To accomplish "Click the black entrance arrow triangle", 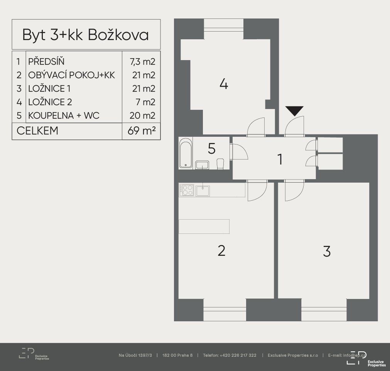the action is [x=294, y=111].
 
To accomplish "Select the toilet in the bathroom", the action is [x=220, y=164].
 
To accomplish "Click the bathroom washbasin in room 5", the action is [x=202, y=165].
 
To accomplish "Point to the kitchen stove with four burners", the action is [x=187, y=190].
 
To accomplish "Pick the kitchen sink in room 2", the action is [x=203, y=191].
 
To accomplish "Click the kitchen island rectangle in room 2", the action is [x=204, y=227].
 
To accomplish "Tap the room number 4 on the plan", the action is [x=224, y=84].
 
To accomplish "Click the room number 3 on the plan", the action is [x=327, y=251].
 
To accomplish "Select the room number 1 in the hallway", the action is [x=280, y=159].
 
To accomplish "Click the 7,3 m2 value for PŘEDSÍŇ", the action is [x=142, y=62].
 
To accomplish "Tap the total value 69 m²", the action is [x=142, y=131].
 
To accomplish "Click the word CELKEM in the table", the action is [x=37, y=131].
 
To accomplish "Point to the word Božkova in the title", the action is [x=118, y=35].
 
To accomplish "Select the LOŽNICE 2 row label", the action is [x=50, y=102].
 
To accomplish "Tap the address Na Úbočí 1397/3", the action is [x=135, y=355].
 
